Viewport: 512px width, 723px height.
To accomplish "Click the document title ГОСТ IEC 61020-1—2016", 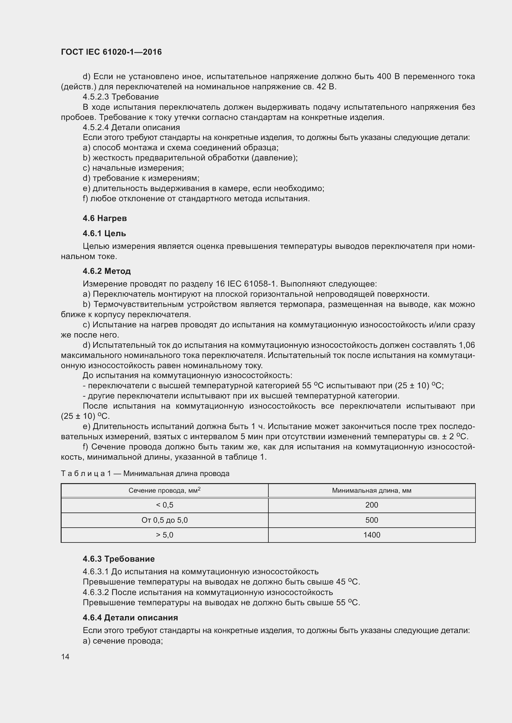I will click(x=111, y=52).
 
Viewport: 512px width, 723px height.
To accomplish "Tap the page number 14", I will click(x=65, y=657).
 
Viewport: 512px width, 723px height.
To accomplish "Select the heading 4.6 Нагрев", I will click(x=105, y=218).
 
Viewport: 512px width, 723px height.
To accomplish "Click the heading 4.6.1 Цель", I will click(x=104, y=233).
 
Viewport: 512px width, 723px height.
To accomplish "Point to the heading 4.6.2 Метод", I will click(x=106, y=271).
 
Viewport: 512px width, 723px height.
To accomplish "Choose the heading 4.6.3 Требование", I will click(x=119, y=559).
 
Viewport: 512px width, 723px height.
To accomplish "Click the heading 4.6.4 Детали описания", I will click(x=130, y=618).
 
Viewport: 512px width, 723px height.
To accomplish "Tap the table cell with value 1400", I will click(x=372, y=535).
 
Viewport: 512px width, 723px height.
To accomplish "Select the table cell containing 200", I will click(x=372, y=505).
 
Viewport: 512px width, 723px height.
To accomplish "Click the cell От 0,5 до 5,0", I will click(x=165, y=520).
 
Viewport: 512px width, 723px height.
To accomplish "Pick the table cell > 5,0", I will click(x=165, y=535).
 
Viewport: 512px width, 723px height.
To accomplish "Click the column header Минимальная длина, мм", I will click(x=372, y=491).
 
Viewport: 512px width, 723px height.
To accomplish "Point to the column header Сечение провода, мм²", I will click(x=165, y=491).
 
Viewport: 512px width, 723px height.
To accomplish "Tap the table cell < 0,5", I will click(x=165, y=505).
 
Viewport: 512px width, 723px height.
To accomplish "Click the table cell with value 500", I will click(x=372, y=520).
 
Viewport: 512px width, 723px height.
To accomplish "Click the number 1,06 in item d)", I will click(x=466, y=345).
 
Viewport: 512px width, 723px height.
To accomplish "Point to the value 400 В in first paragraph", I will click(x=388, y=77).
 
